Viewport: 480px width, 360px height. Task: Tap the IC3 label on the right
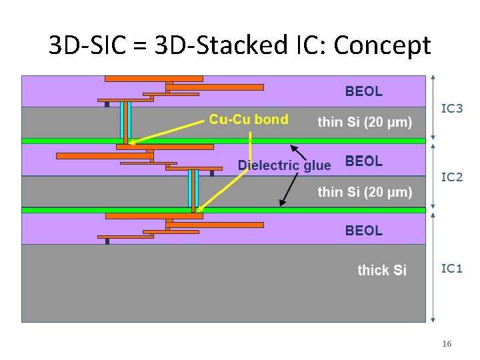tap(452, 108)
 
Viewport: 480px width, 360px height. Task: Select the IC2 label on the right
tap(452, 177)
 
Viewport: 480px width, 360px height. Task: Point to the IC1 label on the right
tap(452, 268)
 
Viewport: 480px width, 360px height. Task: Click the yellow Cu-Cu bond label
tap(249, 120)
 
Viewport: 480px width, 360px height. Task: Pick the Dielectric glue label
tap(284, 165)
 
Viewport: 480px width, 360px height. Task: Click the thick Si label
tap(382, 270)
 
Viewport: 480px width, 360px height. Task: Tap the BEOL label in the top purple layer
tap(363, 91)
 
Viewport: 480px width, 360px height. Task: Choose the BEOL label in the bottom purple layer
tap(363, 231)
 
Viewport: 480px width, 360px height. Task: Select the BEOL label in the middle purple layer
tap(363, 161)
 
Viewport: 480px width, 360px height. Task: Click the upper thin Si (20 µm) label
tap(365, 122)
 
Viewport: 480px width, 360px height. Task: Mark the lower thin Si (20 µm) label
tap(365, 192)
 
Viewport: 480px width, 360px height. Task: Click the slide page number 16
tap(447, 344)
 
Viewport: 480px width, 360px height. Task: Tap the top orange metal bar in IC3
tap(153, 79)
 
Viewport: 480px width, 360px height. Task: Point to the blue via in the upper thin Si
tap(125, 119)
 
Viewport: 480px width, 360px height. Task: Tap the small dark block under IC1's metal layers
tap(107, 241)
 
